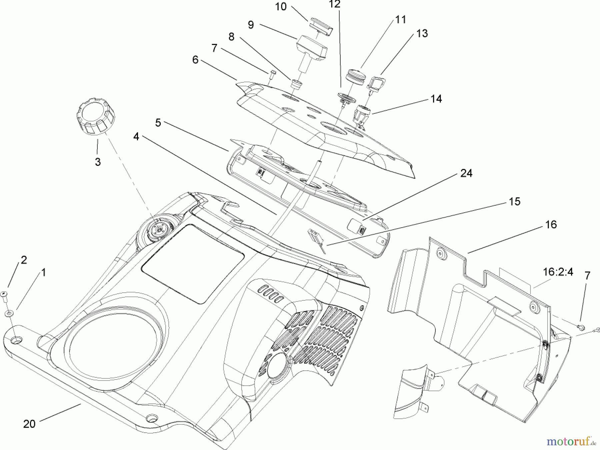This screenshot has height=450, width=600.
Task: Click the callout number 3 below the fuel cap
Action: [x=97, y=162]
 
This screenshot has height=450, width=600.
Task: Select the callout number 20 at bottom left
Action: [x=29, y=424]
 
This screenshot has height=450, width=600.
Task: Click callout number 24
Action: [x=466, y=173]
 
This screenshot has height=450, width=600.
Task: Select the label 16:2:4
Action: [x=558, y=272]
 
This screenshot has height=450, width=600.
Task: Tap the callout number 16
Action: [x=551, y=225]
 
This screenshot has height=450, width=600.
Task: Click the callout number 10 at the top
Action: [x=281, y=7]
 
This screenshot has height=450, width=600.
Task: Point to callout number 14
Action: [x=436, y=99]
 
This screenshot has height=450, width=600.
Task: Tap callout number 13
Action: [x=422, y=33]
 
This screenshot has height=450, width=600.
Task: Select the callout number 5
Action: [x=158, y=123]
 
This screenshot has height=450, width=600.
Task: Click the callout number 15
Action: [x=514, y=202]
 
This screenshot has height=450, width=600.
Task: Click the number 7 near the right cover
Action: [x=587, y=276]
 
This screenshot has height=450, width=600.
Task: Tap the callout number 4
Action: [x=136, y=137]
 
